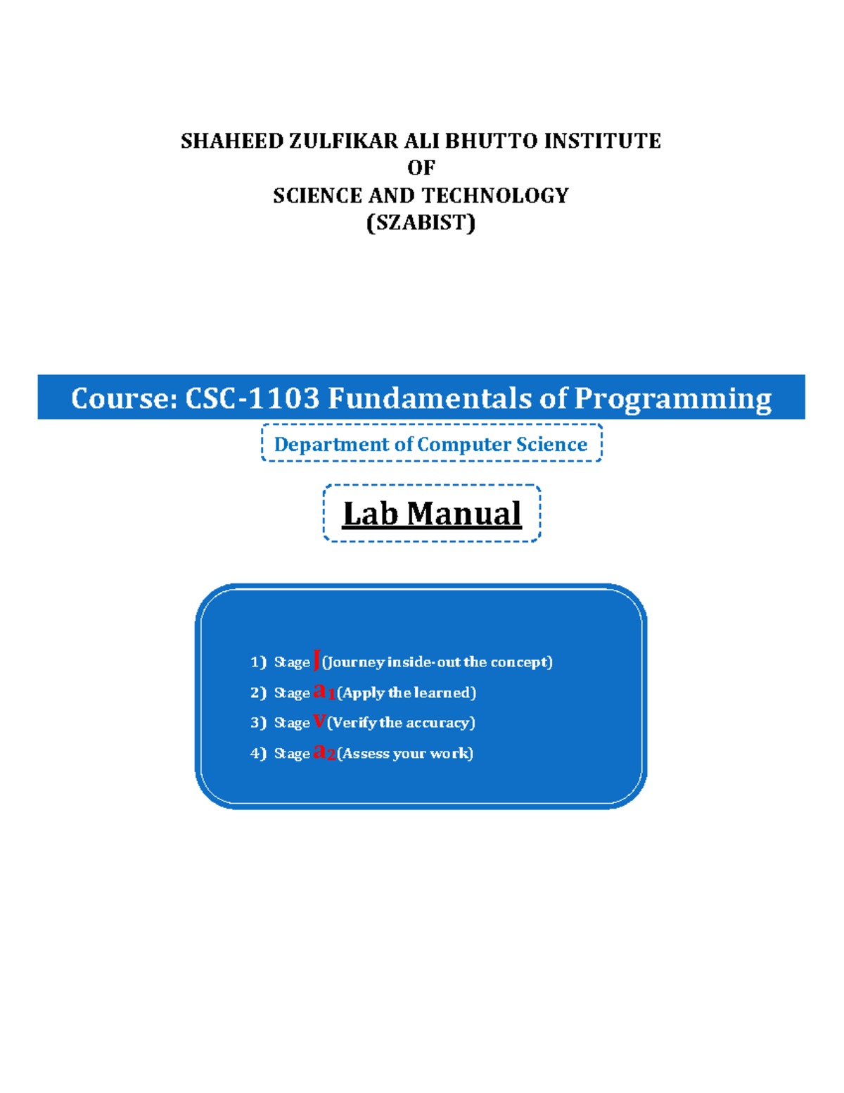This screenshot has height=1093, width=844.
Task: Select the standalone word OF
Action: point(421,168)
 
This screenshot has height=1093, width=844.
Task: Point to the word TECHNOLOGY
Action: point(500,195)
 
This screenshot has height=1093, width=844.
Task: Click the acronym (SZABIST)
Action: point(421,222)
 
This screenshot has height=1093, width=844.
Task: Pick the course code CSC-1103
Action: point(252,398)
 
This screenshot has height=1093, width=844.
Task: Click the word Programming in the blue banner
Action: point(673,398)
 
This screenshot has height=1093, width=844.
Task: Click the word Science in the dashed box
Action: point(551,444)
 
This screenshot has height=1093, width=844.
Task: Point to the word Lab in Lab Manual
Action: point(370,513)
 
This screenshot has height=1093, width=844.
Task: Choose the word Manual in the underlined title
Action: point(464,513)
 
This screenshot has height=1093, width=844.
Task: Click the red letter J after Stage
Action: point(316,660)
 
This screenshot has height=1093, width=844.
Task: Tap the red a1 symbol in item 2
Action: point(324,691)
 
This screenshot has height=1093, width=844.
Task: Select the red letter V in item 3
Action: point(319,721)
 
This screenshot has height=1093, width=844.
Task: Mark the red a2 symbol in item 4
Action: point(324,752)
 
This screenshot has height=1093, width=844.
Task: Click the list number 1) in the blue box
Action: point(258,662)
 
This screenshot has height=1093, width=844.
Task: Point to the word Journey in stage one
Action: point(355,662)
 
